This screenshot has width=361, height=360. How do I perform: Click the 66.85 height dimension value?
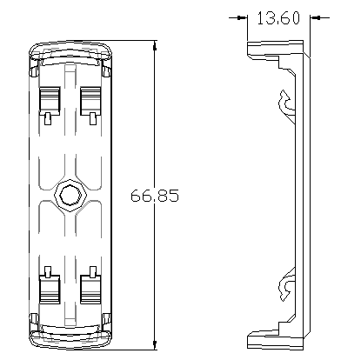pos(155,196)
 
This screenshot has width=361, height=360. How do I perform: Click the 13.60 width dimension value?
pos(278,18)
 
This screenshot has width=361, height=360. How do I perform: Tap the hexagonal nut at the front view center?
pos(70,197)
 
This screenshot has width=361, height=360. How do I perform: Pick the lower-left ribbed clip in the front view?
pos(50,290)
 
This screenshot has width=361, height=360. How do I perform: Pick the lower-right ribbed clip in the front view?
pos(90,290)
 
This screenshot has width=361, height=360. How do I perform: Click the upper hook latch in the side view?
pos(287,103)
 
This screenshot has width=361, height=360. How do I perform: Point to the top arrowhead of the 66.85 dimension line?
pos(155,46)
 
